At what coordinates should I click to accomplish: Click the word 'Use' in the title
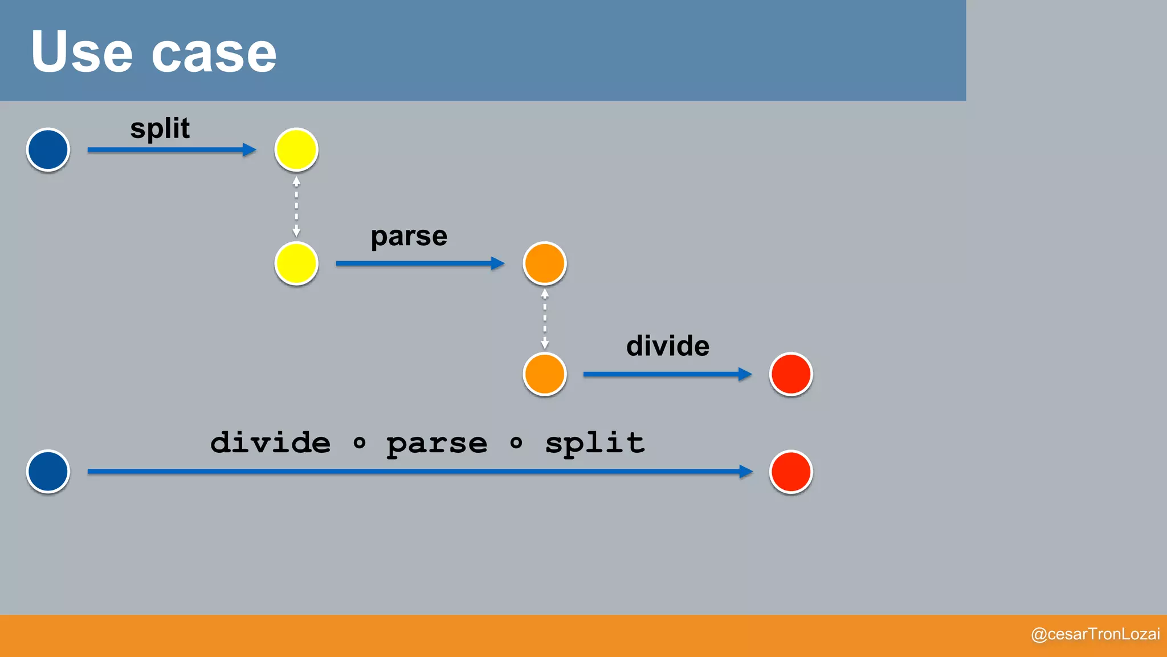pyautogui.click(x=81, y=52)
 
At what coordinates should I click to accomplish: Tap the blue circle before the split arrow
pyautogui.click(x=48, y=149)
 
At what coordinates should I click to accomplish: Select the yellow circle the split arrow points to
pyautogui.click(x=296, y=149)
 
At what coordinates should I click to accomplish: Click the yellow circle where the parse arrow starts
pyautogui.click(x=296, y=263)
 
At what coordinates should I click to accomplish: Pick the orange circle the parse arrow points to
pyautogui.click(x=544, y=263)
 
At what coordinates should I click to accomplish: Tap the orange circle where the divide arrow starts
pyautogui.click(x=544, y=374)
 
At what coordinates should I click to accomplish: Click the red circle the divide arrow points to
pyautogui.click(x=790, y=374)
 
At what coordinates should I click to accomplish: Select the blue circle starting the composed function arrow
pyautogui.click(x=48, y=471)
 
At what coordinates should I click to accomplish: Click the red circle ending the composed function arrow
pyautogui.click(x=790, y=471)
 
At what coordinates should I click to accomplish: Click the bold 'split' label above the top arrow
pyautogui.click(x=160, y=129)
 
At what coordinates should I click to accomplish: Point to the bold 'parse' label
pyautogui.click(x=409, y=237)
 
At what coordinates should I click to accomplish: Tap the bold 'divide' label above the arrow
pyautogui.click(x=667, y=346)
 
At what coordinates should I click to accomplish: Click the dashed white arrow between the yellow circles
pyautogui.click(x=296, y=206)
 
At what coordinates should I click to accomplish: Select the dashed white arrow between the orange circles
pyautogui.click(x=544, y=319)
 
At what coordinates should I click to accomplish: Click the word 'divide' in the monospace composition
pyautogui.click(x=270, y=443)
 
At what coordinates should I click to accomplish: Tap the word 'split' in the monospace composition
pyautogui.click(x=594, y=444)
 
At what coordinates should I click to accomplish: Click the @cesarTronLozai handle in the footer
pyautogui.click(x=1095, y=634)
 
